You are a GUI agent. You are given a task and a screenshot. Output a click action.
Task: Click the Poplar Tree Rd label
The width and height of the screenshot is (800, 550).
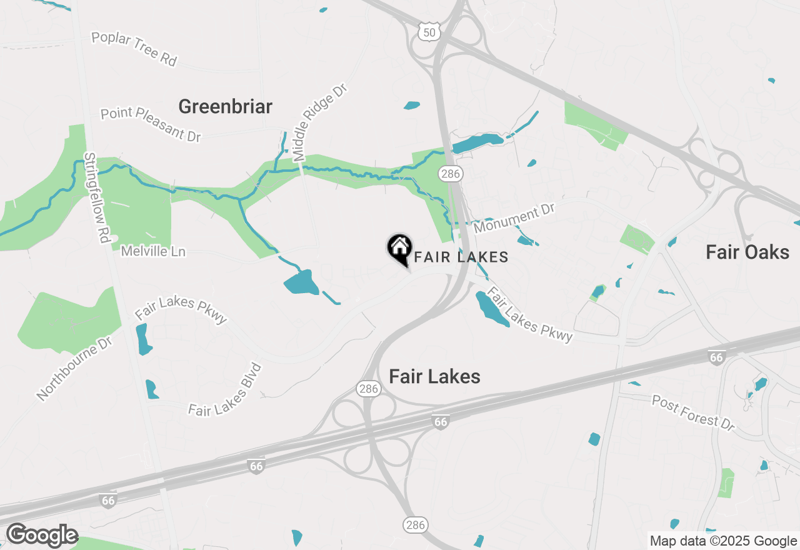tap(134, 48)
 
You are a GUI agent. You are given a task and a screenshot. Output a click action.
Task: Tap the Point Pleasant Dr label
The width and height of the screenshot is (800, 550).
tap(151, 123)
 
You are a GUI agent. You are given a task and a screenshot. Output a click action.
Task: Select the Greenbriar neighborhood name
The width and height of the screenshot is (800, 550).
tap(225, 106)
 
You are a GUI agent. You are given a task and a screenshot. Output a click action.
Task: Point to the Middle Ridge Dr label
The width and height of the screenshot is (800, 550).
tap(319, 122)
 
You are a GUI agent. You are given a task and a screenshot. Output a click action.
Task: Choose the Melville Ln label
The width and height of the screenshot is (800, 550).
tap(153, 251)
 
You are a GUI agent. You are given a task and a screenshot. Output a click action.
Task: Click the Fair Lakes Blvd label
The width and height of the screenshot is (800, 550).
tap(225, 390)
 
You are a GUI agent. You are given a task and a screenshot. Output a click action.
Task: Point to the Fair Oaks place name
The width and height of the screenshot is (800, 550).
tap(747, 252)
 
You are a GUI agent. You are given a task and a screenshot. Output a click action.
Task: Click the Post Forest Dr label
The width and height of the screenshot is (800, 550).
tap(693, 412)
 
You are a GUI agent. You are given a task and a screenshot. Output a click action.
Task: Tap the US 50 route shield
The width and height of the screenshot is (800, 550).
tap(429, 31)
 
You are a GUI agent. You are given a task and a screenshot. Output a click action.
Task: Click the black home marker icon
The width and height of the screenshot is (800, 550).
tap(399, 248)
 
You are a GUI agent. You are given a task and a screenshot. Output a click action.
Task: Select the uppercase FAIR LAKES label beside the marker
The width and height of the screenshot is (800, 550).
tap(461, 257)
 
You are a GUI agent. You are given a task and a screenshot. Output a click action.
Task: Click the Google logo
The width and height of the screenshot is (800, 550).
tap(42, 535)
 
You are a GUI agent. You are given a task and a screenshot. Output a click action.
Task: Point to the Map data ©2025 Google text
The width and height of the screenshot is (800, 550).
tap(723, 541)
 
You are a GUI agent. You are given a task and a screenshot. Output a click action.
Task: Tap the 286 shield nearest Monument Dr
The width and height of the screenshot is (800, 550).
tap(450, 174)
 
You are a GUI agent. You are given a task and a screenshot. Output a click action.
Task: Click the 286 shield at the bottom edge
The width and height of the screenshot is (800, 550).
tap(415, 524)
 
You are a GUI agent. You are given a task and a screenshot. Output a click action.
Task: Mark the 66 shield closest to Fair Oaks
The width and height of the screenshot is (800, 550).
tap(716, 357)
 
